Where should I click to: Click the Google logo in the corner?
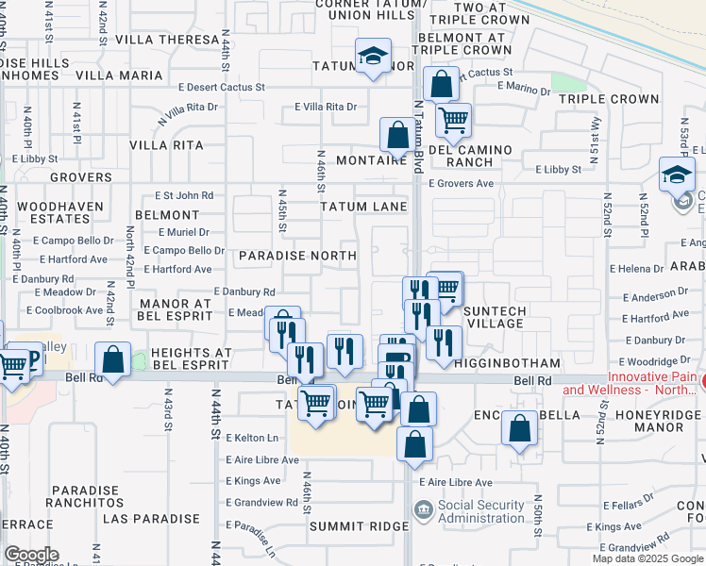tap(31, 555)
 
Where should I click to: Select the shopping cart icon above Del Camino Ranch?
tap(454, 119)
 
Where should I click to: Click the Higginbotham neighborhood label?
tap(507, 362)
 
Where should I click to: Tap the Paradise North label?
tap(297, 256)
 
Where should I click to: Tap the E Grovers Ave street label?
tap(462, 184)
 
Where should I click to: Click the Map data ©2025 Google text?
tap(647, 558)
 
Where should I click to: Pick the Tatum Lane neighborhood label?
tap(362, 207)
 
